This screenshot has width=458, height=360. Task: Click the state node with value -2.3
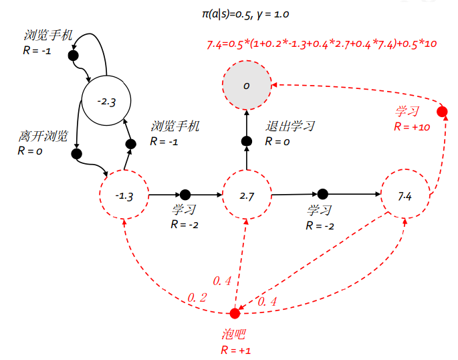point(105,102)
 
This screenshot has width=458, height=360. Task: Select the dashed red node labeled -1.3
point(124,195)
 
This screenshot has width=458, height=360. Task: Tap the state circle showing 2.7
point(247,195)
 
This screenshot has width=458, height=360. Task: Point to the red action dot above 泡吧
point(235,313)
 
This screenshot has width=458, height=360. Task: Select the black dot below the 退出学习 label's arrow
point(246,141)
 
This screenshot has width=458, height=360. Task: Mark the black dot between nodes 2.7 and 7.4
point(323,194)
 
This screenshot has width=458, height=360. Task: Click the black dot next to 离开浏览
point(76,153)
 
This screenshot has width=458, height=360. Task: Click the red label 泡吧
point(233,334)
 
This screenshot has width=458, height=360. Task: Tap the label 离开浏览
point(43,137)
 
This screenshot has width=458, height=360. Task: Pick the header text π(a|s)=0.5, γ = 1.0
point(245,13)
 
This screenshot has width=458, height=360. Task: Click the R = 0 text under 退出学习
point(277,141)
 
